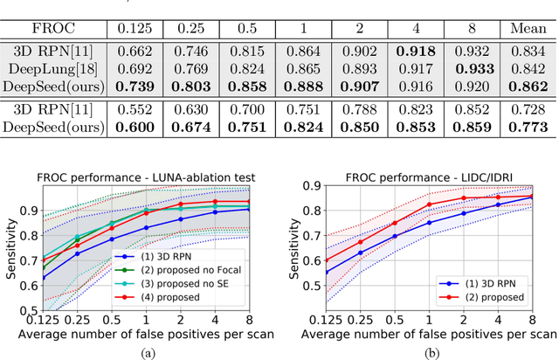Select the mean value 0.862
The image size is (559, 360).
[530, 87]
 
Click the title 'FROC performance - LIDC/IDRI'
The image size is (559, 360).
[438, 177]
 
